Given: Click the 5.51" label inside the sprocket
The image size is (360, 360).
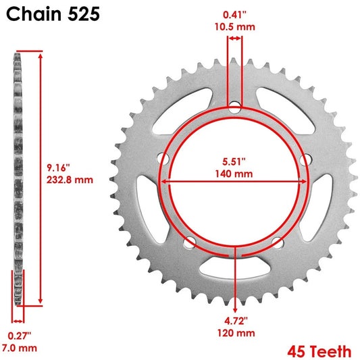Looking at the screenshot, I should (234, 161).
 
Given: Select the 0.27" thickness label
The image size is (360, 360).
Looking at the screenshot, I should (18, 335).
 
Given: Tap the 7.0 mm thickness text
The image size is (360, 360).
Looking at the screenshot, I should (18, 348).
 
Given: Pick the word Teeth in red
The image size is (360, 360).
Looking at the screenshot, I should (331, 351).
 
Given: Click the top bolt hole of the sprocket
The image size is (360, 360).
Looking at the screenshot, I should (234, 106).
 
